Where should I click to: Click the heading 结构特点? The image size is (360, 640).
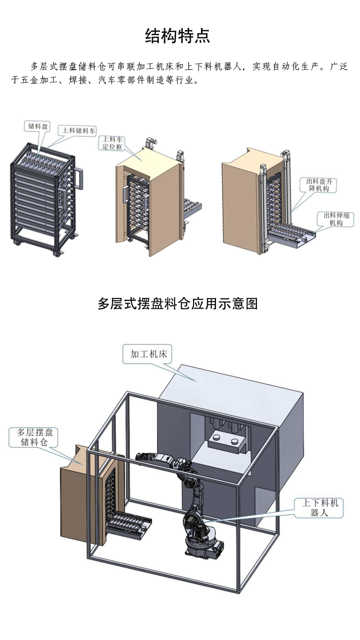(178, 36)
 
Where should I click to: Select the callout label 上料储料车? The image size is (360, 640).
(79, 131)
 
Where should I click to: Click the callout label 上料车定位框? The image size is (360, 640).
(113, 143)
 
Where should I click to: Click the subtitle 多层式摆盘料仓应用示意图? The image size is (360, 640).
(178, 304)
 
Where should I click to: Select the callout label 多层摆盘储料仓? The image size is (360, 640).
(35, 437)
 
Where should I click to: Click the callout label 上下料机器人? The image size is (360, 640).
(320, 507)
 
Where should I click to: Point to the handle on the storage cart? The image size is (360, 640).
(80, 178)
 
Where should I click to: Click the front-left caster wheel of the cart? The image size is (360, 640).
(18, 243)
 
